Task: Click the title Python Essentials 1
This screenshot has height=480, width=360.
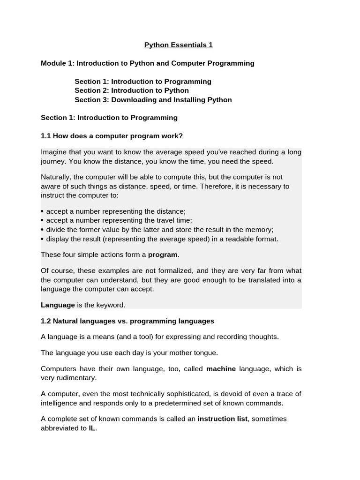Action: click(178, 45)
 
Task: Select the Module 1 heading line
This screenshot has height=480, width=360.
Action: click(148, 63)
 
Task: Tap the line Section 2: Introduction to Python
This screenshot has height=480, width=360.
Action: click(132, 90)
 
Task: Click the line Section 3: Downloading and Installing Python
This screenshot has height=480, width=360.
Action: click(153, 100)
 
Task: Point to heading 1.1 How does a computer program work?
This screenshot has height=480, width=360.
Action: click(112, 136)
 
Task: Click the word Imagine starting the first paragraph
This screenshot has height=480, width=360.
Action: click(54, 152)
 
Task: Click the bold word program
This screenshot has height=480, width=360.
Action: click(163, 255)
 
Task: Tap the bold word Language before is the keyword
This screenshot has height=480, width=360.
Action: click(58, 305)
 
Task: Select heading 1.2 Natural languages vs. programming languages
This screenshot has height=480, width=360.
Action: click(127, 321)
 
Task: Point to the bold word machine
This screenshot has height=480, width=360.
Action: click(221, 369)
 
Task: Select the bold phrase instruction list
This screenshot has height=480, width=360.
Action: click(222, 419)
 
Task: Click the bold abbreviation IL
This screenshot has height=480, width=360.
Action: click(92, 428)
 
